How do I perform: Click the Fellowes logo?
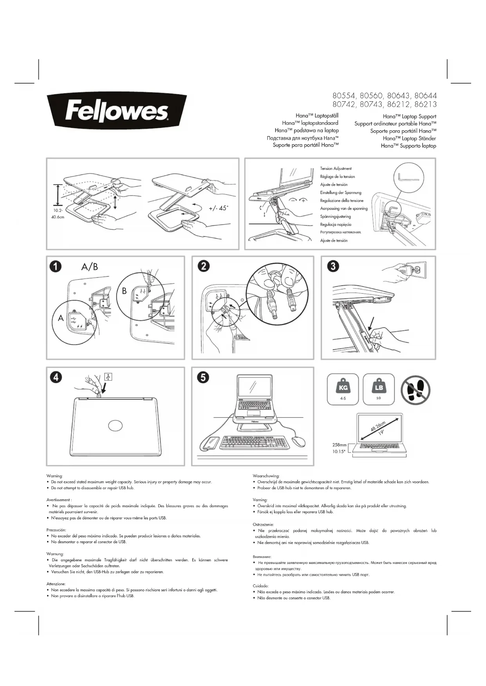(x=117, y=111)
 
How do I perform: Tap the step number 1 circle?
(x=56, y=266)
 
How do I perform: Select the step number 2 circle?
(x=204, y=266)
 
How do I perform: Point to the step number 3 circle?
(x=333, y=266)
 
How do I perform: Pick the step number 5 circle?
(x=204, y=377)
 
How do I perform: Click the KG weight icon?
(x=343, y=389)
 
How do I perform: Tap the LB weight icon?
(x=378, y=389)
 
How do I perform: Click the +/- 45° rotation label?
(x=218, y=208)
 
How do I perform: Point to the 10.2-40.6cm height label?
(x=58, y=214)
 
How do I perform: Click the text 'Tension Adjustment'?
(x=336, y=169)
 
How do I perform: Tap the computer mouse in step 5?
(x=298, y=441)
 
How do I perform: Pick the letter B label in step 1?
(x=125, y=291)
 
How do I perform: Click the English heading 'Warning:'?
(x=54, y=476)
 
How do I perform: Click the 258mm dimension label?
(x=339, y=445)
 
